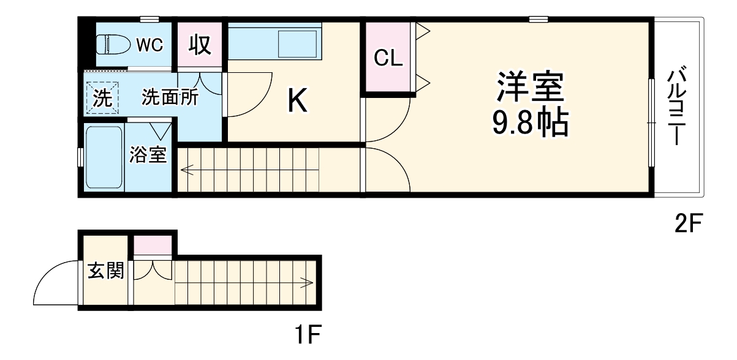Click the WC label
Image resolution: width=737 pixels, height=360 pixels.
click(149, 44)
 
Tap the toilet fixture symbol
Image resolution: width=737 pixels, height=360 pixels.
click(114, 45)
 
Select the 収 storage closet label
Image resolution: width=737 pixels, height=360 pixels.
click(200, 45)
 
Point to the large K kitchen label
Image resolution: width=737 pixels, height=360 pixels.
click(298, 101)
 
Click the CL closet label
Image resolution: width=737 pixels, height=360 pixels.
click(389, 58)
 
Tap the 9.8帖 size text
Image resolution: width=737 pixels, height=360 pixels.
click(531, 124)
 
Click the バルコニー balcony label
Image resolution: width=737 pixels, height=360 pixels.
click(676, 108)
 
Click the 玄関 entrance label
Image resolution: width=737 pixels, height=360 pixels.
click(105, 271)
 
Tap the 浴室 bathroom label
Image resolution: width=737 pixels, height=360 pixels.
click(148, 155)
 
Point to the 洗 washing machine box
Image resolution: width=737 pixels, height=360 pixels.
click(102, 98)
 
